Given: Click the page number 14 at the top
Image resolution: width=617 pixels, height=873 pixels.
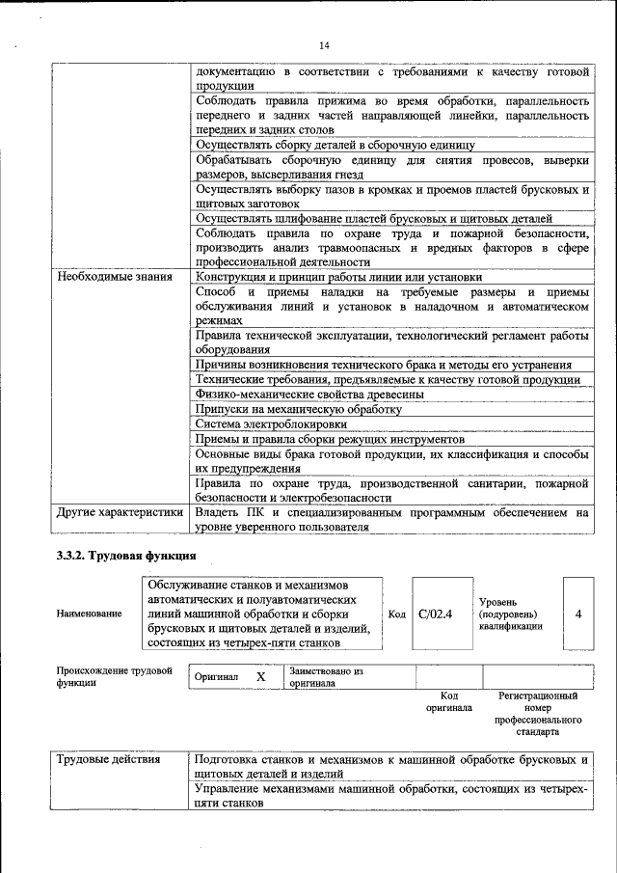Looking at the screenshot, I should point(324,44).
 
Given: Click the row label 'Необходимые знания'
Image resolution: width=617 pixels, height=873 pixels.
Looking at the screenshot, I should point(115,276).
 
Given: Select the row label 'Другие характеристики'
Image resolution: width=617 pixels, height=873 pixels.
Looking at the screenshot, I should point(120,513).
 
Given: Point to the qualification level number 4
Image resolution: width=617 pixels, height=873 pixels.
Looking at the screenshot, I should point(577,614).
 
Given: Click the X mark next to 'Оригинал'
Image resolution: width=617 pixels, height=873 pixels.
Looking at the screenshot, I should point(260,677).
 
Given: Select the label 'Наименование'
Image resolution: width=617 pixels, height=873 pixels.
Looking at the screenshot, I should point(90,614).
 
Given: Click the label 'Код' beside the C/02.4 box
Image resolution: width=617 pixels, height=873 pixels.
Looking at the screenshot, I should point(396,614).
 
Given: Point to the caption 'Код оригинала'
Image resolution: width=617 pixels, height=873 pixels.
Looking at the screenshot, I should point(448,701).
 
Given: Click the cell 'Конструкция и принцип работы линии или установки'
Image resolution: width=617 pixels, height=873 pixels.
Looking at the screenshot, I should point(338,276).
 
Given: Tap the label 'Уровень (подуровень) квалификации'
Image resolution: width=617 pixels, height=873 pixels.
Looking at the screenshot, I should point(510,614).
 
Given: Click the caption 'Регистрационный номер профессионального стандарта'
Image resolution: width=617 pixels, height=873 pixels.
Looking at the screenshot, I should point(538,714).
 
